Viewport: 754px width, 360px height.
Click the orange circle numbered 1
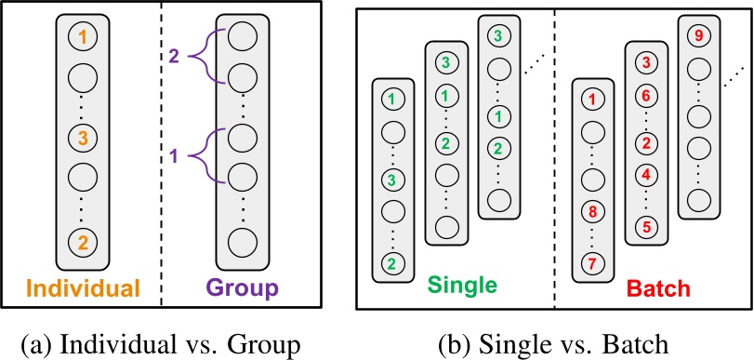pyautogui.click(x=83, y=38)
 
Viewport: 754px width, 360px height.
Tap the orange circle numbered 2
pyautogui.click(x=83, y=244)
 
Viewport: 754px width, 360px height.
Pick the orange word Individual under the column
pyautogui.click(x=83, y=287)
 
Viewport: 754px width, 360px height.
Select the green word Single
pyautogui.click(x=466, y=284)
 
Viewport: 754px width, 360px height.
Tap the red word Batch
pyautogui.click(x=658, y=286)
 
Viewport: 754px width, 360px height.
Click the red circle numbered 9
pyautogui.click(x=697, y=37)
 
